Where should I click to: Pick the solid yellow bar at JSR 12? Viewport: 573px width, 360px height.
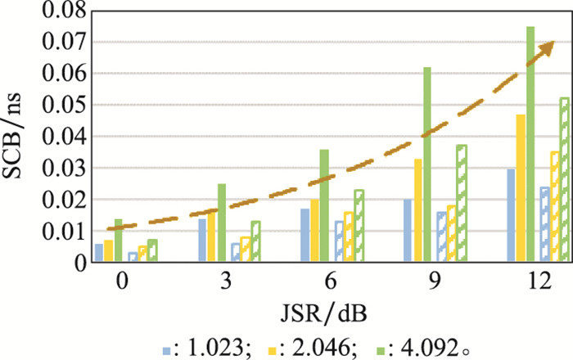pyautogui.click(x=521, y=188)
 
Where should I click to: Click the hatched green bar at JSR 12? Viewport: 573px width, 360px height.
pyautogui.click(x=564, y=180)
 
